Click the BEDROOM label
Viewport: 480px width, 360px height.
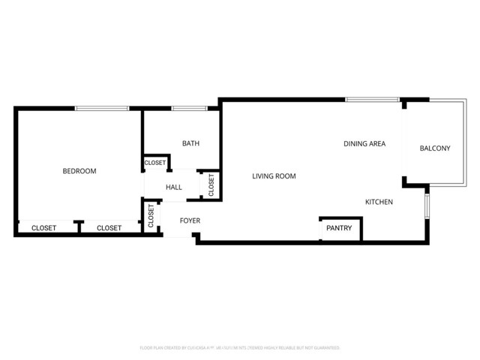coord(79,171)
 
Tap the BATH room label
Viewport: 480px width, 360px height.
coord(190,143)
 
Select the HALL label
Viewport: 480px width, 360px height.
coord(174,187)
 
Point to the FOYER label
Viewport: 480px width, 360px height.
coord(190,220)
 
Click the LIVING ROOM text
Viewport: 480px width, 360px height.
coord(274,176)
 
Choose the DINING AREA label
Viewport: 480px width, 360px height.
coord(364,143)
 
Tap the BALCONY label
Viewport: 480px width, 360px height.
coord(435,148)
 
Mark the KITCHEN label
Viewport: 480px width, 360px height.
coord(379,202)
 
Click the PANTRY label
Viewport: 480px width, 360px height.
coord(339,227)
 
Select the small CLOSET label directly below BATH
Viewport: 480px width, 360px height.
coord(155,163)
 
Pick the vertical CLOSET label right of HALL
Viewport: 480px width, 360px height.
coord(211,184)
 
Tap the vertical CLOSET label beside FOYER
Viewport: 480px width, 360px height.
coord(151,216)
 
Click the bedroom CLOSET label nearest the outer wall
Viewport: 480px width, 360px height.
coord(43,228)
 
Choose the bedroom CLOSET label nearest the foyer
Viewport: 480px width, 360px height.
coord(109,228)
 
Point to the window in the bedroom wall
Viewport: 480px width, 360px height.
coord(102,109)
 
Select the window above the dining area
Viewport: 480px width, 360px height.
coord(361,99)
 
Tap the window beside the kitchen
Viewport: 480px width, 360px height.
coord(427,205)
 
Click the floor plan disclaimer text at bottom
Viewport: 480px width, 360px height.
coord(240,348)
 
